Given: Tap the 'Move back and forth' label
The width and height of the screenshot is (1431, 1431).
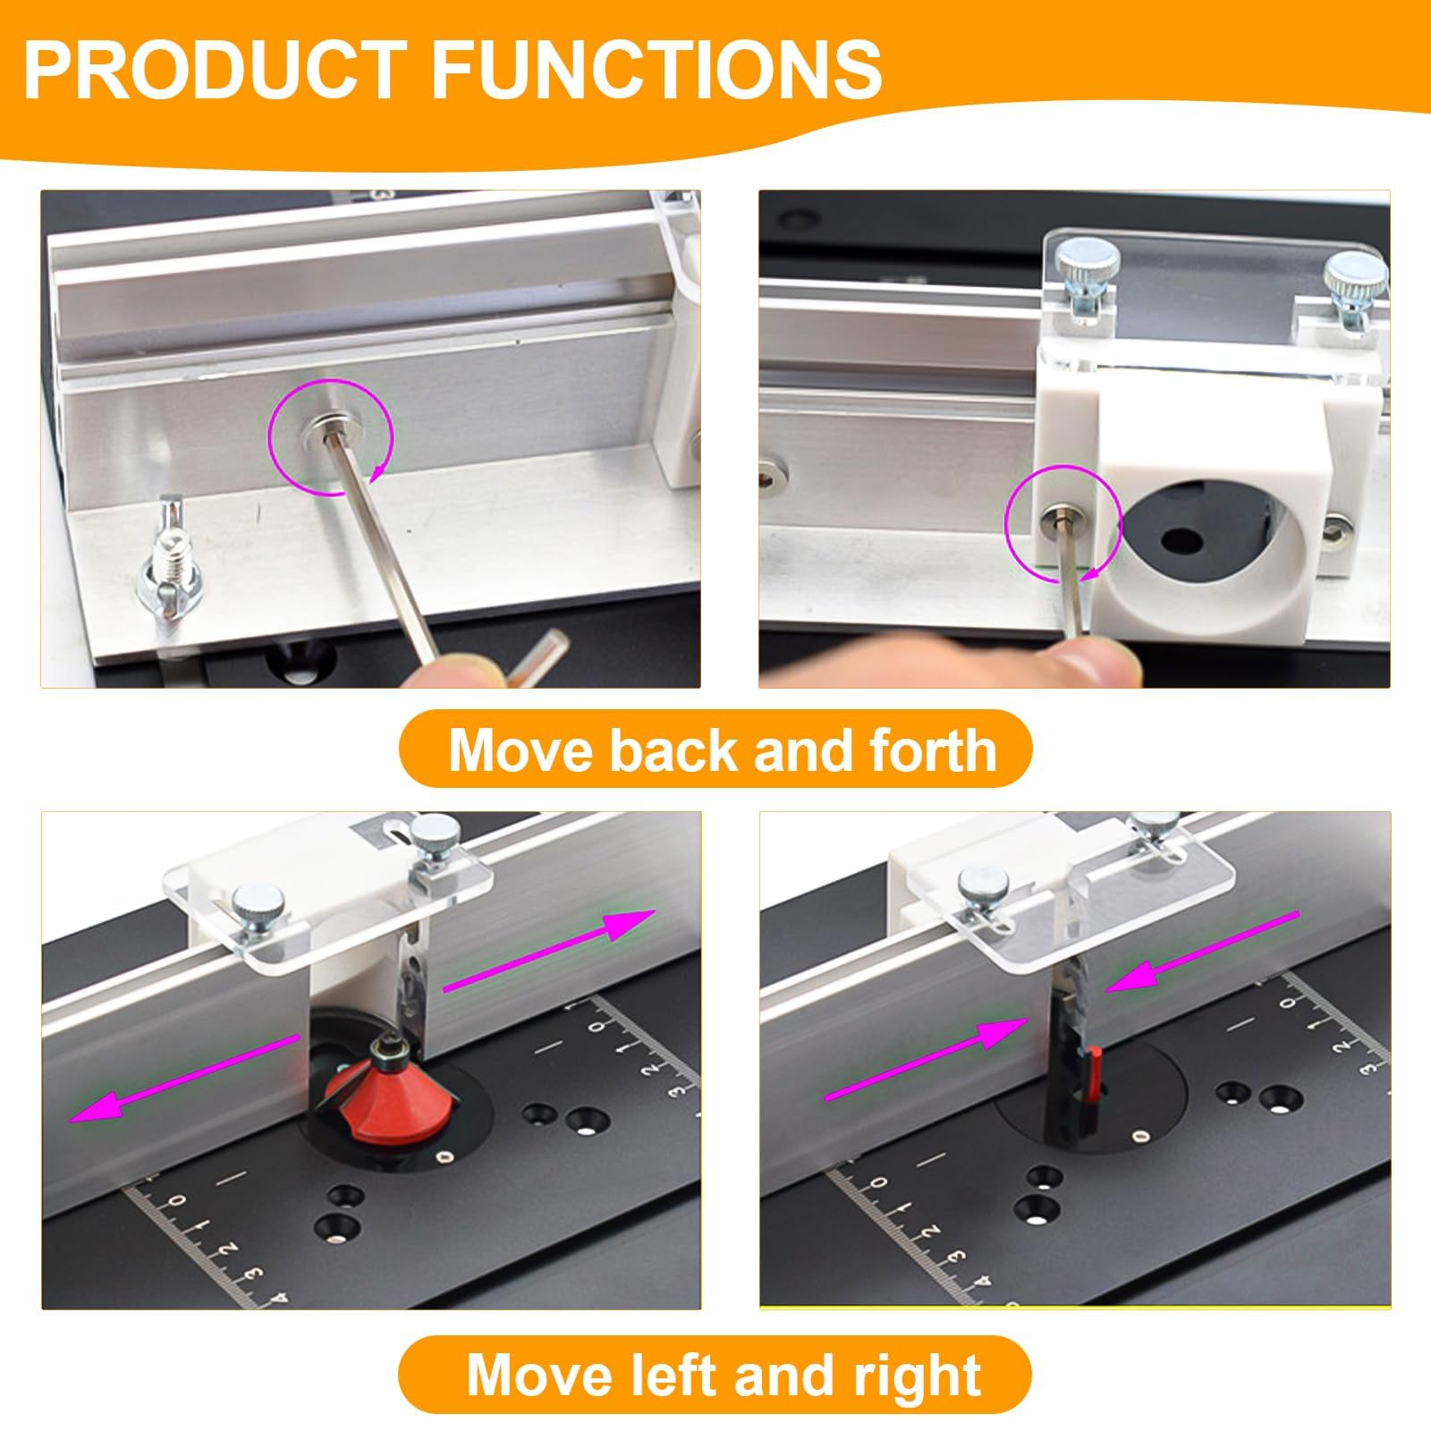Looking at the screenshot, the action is [x=723, y=749].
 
